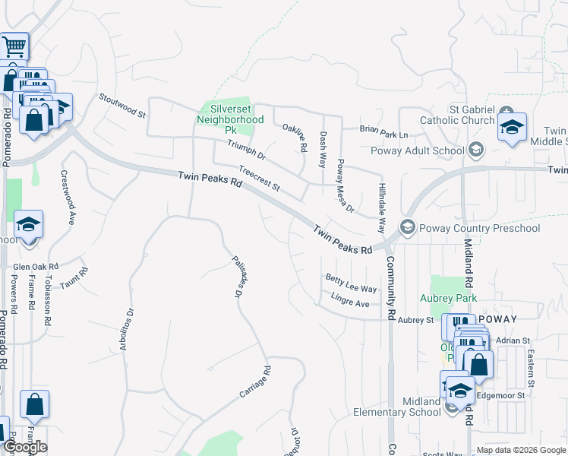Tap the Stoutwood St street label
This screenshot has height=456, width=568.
click(x=122, y=105)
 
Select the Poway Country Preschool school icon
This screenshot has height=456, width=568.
click(x=408, y=227)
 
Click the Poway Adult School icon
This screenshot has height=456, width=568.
click(x=476, y=150)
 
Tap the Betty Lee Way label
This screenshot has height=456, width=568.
click(x=351, y=283)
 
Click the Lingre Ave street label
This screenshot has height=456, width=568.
click(x=350, y=302)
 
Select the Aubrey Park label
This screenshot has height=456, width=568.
click(x=446, y=298)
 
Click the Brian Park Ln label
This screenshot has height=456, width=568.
click(x=383, y=133)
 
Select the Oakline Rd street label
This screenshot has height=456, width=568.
click(x=294, y=135)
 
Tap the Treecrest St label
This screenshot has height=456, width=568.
click(x=260, y=179)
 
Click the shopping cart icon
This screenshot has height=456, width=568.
click(x=14, y=46)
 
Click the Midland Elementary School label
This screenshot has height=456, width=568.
click(x=397, y=407)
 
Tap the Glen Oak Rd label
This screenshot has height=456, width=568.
click(x=36, y=268)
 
